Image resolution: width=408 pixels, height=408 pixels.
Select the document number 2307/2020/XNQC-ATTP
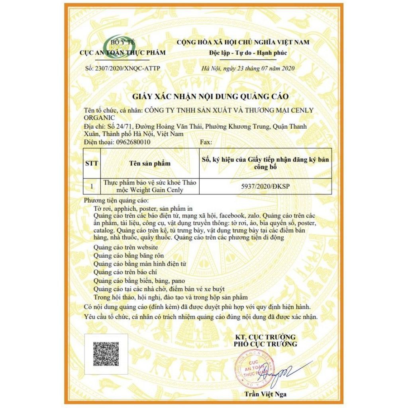(x=123, y=69)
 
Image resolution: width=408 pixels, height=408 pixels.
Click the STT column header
(x=92, y=163)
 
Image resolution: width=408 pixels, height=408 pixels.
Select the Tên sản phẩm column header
(x=150, y=163)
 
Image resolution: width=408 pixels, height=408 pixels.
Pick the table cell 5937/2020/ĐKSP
(x=267, y=186)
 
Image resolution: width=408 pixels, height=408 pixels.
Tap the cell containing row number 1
(x=92, y=186)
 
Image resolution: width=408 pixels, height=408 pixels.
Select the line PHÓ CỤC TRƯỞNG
(x=265, y=344)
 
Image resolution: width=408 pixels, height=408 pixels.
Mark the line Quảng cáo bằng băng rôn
(x=129, y=255)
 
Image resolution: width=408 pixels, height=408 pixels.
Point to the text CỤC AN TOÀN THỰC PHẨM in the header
(x=123, y=53)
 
